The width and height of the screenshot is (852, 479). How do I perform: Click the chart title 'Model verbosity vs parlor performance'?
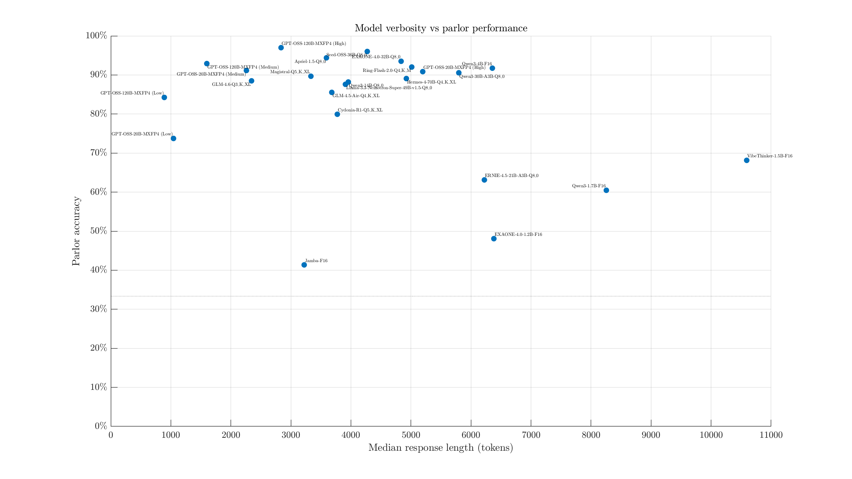tap(441, 28)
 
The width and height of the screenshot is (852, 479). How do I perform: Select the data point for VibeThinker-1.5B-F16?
tap(746, 160)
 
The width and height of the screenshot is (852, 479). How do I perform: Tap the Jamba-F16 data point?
tap(304, 265)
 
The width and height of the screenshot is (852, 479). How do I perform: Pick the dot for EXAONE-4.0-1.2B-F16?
tap(494, 239)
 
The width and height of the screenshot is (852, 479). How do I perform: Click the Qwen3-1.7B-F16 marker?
tap(606, 190)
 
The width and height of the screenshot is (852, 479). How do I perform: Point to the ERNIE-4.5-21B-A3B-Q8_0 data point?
tap(484, 180)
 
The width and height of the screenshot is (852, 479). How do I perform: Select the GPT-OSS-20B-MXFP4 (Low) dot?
tap(173, 138)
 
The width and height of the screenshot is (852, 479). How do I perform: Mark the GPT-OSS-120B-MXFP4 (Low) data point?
tap(164, 97)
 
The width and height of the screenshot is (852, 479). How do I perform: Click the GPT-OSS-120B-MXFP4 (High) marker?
tap(281, 48)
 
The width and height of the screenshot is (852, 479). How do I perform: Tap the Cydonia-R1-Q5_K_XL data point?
tap(337, 114)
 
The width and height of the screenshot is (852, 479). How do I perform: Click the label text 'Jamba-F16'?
tap(316, 261)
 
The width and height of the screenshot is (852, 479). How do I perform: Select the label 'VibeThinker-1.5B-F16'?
tap(769, 156)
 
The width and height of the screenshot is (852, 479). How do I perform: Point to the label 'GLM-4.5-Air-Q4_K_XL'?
tap(356, 96)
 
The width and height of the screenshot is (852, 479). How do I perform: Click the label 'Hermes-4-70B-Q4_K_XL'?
tap(431, 82)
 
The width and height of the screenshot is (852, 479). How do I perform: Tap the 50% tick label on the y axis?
tap(99, 231)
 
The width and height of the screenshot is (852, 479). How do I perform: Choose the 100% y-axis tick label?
tap(96, 36)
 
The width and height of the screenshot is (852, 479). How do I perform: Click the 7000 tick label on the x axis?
tap(531, 435)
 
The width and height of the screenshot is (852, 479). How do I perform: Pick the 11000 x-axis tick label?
tap(771, 435)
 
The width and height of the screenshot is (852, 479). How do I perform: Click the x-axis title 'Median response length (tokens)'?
tap(441, 448)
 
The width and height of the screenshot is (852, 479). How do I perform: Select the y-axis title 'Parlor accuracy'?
tap(76, 231)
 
